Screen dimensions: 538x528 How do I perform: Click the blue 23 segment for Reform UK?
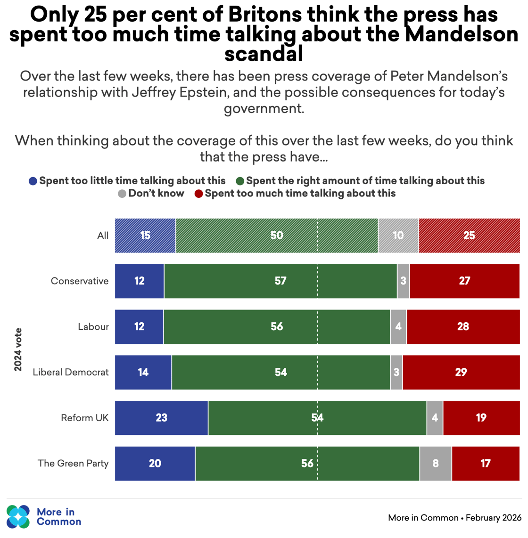[x=161, y=418]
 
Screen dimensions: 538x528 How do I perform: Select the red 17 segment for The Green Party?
[x=486, y=464]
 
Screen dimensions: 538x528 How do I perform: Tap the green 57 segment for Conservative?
[x=280, y=281]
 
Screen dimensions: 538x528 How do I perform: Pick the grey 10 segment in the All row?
[x=398, y=236]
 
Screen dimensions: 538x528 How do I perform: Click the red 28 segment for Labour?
[x=463, y=327]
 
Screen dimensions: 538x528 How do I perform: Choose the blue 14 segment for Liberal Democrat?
[x=143, y=373]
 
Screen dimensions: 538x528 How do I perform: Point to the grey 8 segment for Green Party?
[x=436, y=464]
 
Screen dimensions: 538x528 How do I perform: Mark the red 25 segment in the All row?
[x=469, y=236]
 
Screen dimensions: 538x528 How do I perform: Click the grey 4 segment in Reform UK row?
[x=435, y=418]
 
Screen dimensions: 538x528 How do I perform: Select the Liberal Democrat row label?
[x=71, y=372]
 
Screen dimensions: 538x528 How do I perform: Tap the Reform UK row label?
[x=85, y=418]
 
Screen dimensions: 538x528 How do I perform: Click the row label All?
[x=103, y=236]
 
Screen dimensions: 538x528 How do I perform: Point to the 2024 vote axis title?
[x=18, y=350]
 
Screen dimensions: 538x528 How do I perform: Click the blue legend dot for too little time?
[x=33, y=181]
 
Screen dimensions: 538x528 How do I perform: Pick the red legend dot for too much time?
[x=199, y=194]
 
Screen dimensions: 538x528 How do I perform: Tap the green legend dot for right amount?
[x=240, y=181]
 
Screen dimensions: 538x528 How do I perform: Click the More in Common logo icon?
[x=18, y=517]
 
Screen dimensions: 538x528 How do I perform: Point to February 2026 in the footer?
[x=494, y=518]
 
